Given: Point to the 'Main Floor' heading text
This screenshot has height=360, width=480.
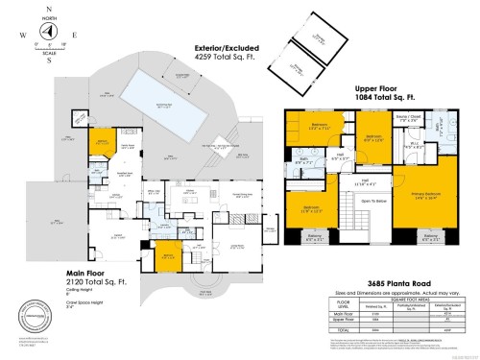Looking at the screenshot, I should (84, 272).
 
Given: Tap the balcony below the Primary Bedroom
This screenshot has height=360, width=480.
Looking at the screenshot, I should (431, 238).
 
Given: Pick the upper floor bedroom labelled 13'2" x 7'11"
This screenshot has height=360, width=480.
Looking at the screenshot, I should (321, 127).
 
